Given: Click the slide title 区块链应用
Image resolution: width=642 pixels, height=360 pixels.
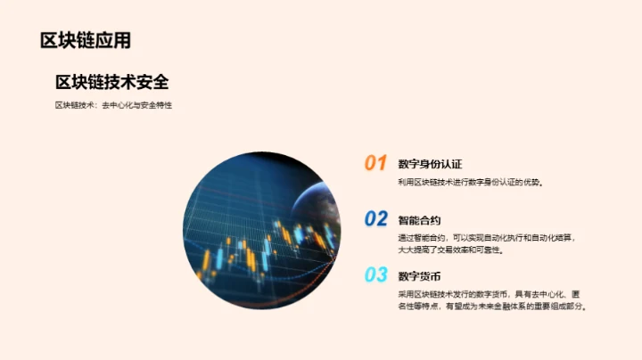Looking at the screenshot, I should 86,40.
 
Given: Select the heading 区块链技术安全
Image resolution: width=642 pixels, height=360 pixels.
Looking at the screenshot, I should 112,82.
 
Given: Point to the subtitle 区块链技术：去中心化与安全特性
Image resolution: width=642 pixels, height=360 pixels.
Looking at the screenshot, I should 113,105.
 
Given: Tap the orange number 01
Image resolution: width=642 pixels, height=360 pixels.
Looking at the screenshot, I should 375,163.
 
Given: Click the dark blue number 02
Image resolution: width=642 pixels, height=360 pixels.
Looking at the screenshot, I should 375,218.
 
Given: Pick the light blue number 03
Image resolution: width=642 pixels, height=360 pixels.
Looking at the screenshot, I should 375,274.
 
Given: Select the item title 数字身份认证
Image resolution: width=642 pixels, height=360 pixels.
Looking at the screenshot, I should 430,164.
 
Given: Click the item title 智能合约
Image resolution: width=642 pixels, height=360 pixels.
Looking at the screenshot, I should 419,220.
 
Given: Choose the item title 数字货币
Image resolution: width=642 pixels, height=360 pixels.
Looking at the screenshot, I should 419,275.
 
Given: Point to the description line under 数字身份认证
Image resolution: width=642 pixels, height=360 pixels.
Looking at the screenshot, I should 471,182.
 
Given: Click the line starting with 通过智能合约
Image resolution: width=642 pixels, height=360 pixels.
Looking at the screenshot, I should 487,238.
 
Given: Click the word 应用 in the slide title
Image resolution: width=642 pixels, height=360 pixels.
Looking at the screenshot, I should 116,40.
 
